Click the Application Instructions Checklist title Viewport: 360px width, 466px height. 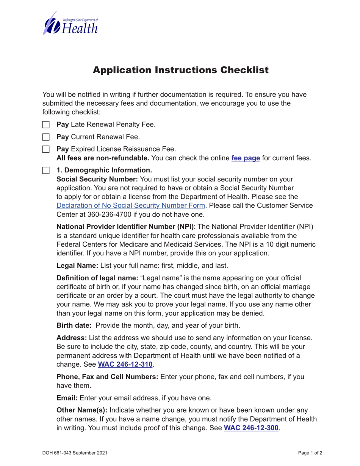coord(181,70)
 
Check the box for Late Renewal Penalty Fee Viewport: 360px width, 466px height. coord(45,124)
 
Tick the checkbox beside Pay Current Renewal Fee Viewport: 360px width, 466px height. coord(45,137)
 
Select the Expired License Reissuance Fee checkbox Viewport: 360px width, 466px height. coord(45,149)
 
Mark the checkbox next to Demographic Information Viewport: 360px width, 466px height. coord(45,170)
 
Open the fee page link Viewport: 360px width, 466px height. coord(246,158)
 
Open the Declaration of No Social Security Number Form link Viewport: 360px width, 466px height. coord(131,205)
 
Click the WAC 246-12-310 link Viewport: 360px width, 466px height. coord(125,364)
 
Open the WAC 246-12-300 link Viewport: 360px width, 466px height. coord(252,428)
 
